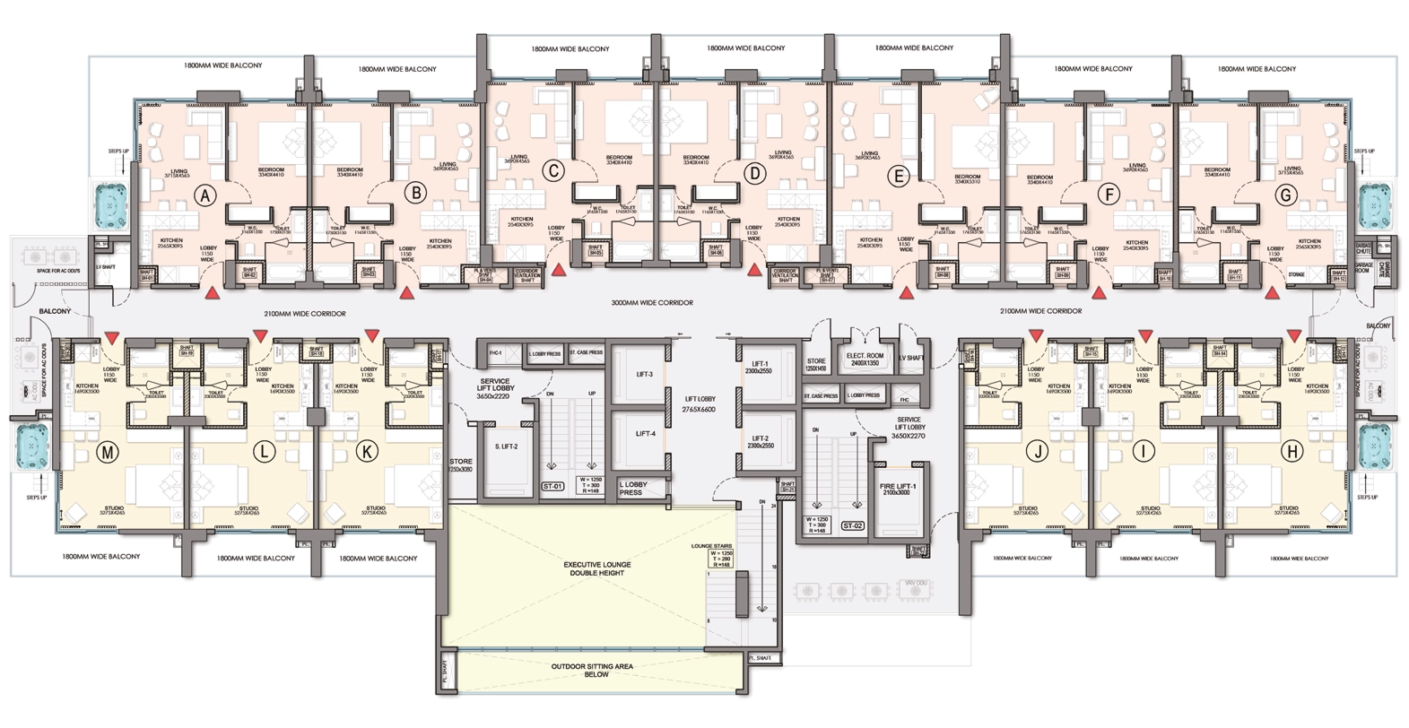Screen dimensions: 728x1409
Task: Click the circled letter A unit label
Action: click(206, 195)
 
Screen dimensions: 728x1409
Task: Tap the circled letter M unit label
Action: click(108, 453)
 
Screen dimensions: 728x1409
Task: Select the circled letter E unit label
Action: click(898, 176)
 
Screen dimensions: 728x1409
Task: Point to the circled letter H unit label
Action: click(1292, 452)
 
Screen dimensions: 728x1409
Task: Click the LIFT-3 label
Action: click(644, 374)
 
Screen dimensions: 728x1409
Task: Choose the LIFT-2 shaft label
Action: click(761, 442)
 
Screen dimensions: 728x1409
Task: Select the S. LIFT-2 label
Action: click(506, 446)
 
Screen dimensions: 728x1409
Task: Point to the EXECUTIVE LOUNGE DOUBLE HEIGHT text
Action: click(597, 568)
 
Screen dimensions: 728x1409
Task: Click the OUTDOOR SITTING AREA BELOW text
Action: click(592, 670)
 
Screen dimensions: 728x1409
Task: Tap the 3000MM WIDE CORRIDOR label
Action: click(652, 303)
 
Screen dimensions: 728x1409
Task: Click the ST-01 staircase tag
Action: click(552, 487)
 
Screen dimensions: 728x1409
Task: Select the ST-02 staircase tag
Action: click(852, 525)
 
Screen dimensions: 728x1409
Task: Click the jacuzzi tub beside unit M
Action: click(32, 446)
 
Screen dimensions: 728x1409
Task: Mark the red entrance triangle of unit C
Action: click(559, 269)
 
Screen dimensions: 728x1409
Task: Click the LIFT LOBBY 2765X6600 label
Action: click(700, 403)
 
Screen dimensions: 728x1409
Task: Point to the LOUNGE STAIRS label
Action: click(711, 545)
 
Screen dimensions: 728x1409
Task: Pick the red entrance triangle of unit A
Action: click(213, 293)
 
